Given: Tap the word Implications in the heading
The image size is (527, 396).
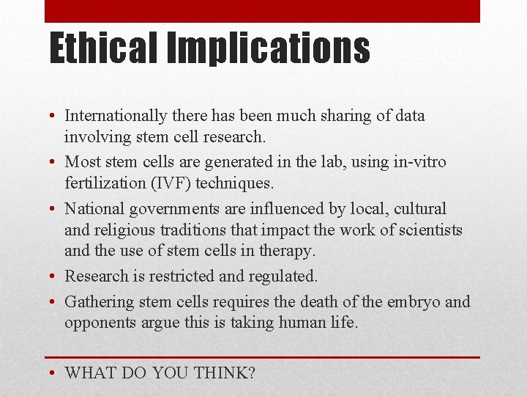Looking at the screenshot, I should click(x=269, y=49).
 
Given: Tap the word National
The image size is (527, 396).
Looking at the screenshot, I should click(x=94, y=209).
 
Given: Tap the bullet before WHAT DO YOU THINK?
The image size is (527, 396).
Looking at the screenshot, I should click(x=55, y=373).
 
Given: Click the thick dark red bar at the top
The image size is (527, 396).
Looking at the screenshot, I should click(x=262, y=11).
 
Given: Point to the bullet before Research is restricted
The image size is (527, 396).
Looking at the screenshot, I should click(x=55, y=276).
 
